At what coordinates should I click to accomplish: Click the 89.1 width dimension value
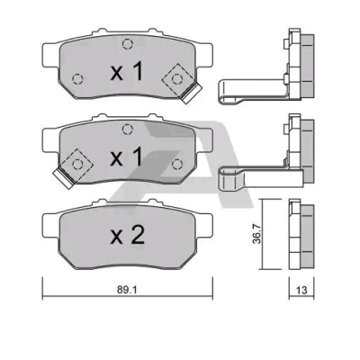click(x=127, y=290)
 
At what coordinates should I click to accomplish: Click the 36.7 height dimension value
click(x=256, y=234)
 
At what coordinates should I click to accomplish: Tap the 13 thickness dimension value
click(x=301, y=290)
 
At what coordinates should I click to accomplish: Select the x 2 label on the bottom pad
click(x=128, y=236)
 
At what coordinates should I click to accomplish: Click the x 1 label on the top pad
click(x=127, y=72)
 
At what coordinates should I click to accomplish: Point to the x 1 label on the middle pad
click(x=127, y=157)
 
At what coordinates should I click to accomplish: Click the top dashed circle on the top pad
click(x=128, y=44)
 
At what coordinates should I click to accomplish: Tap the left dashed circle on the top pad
click(x=77, y=79)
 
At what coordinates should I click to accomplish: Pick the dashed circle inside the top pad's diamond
click(x=177, y=79)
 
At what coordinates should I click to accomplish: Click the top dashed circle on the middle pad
click(x=128, y=130)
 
